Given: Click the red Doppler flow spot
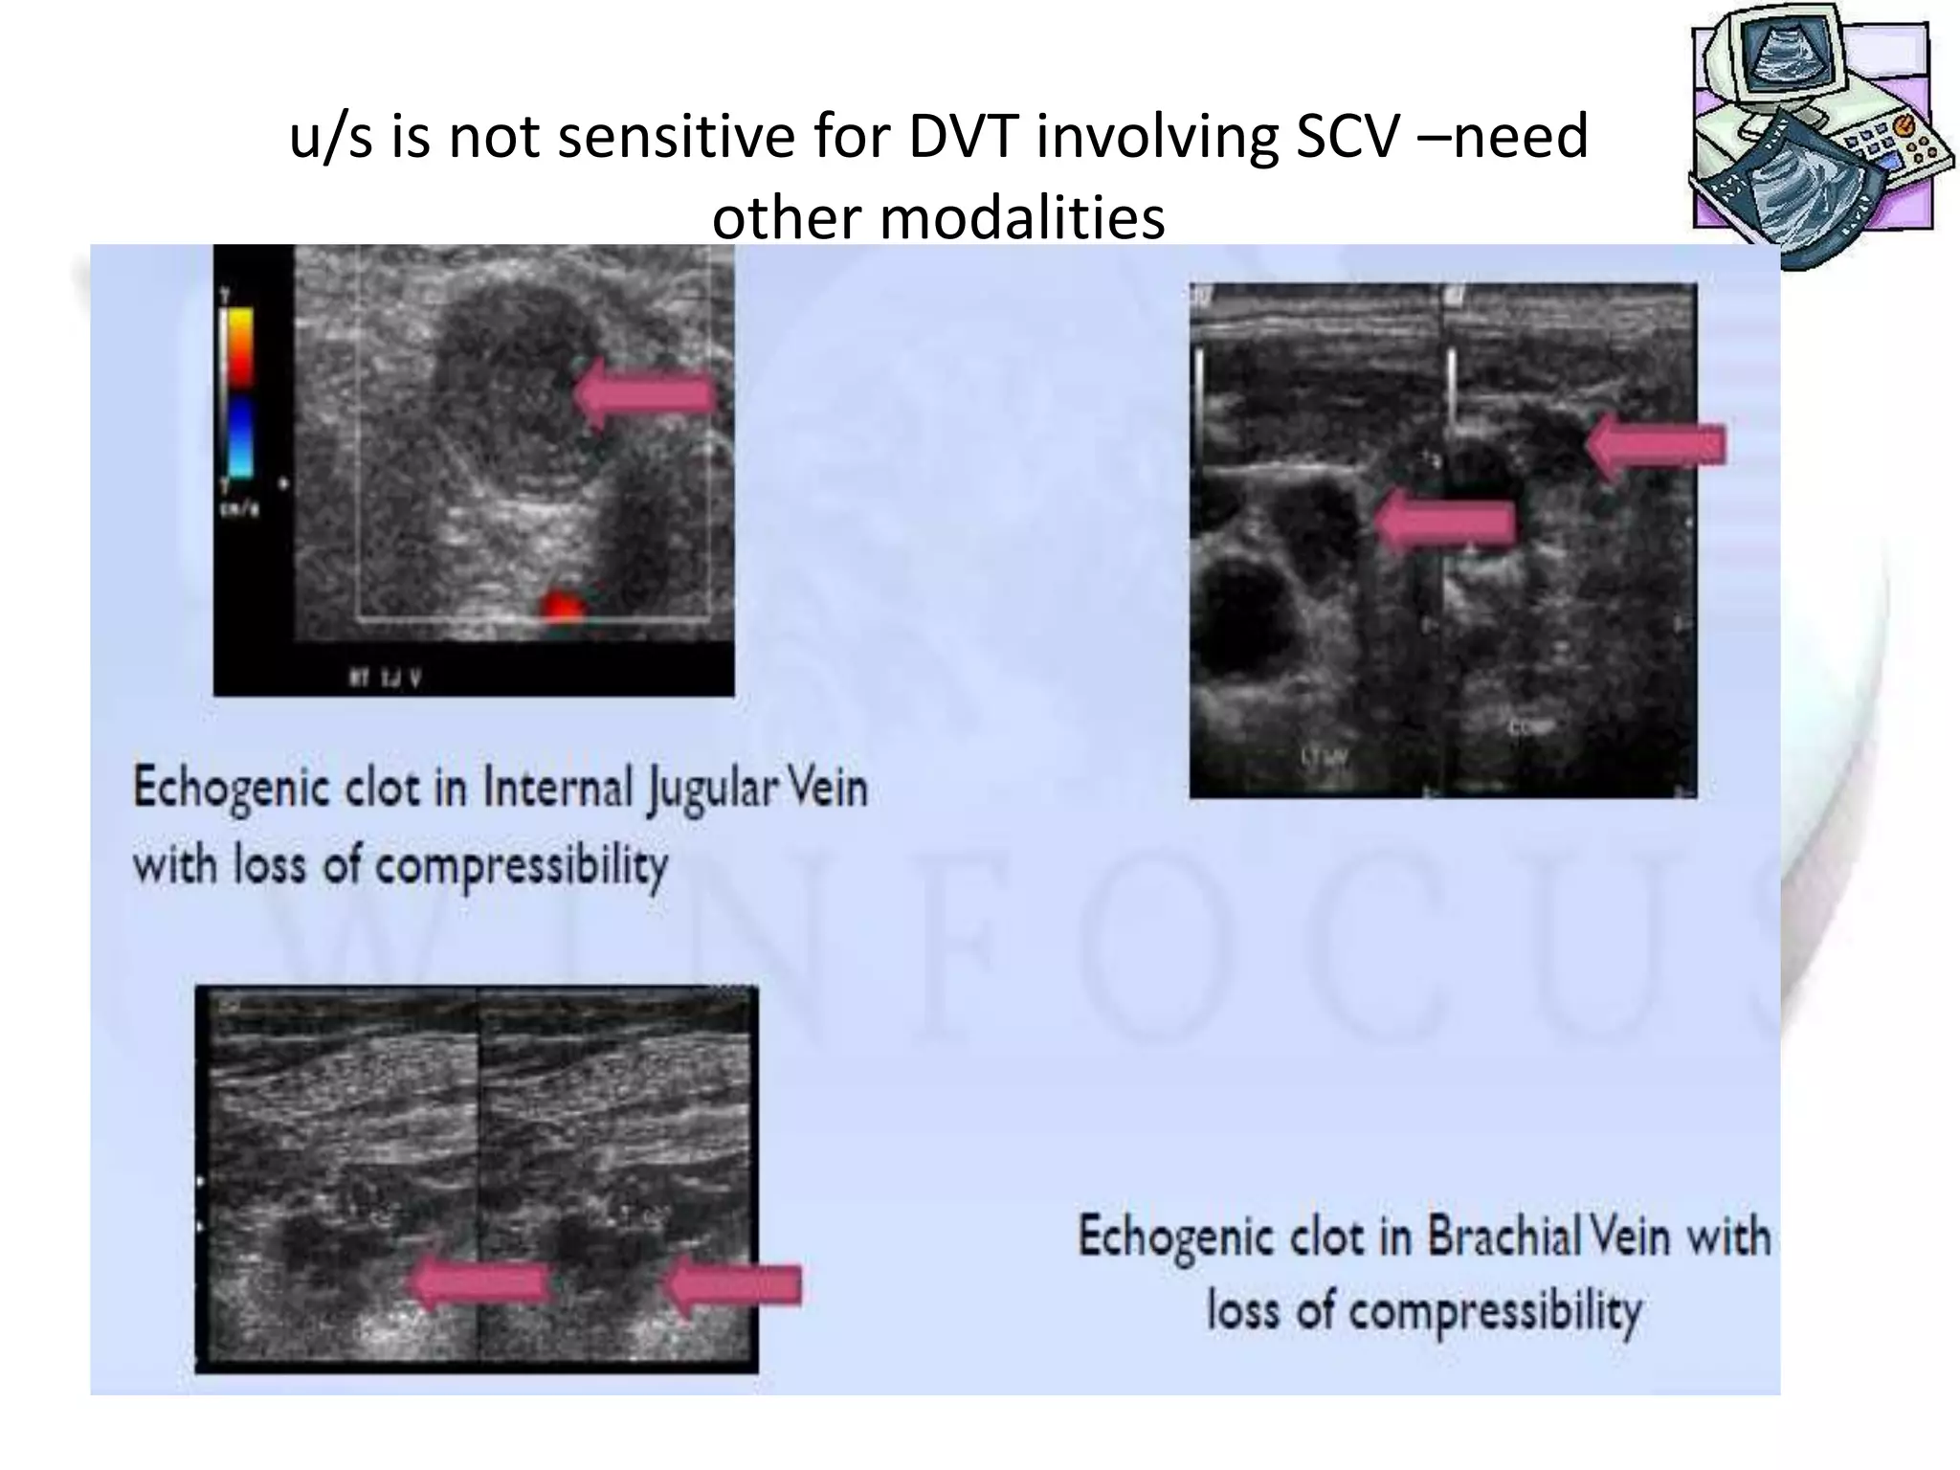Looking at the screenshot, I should click(x=562, y=605).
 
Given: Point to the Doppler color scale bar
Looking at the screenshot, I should click(x=238, y=392).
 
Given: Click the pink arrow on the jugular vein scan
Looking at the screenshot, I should click(x=647, y=393).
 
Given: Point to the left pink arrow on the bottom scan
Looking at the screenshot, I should click(x=479, y=1283).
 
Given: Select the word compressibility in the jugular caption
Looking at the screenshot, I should click(x=521, y=866).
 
